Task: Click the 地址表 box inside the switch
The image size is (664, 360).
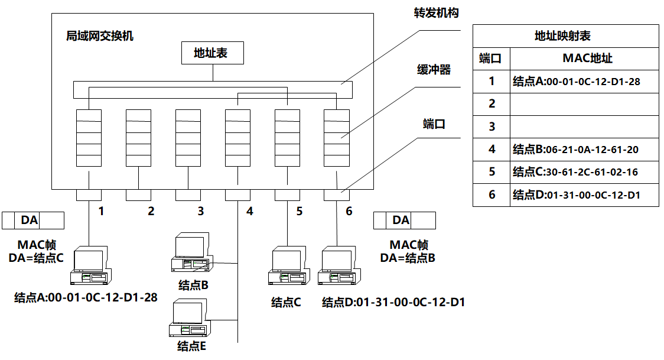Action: [211, 53]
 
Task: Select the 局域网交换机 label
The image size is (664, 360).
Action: [100, 36]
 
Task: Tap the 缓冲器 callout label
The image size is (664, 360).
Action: [434, 70]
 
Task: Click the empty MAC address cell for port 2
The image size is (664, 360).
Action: [584, 103]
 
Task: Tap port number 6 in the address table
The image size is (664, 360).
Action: [492, 194]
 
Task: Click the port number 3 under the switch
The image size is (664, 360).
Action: [200, 211]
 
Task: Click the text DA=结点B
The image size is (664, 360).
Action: [408, 258]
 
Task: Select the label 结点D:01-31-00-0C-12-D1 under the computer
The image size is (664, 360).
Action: [393, 303]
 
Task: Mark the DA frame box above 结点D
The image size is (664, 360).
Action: [404, 220]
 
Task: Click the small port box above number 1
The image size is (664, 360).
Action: [88, 195]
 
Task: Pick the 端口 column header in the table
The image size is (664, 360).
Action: [491, 58]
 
